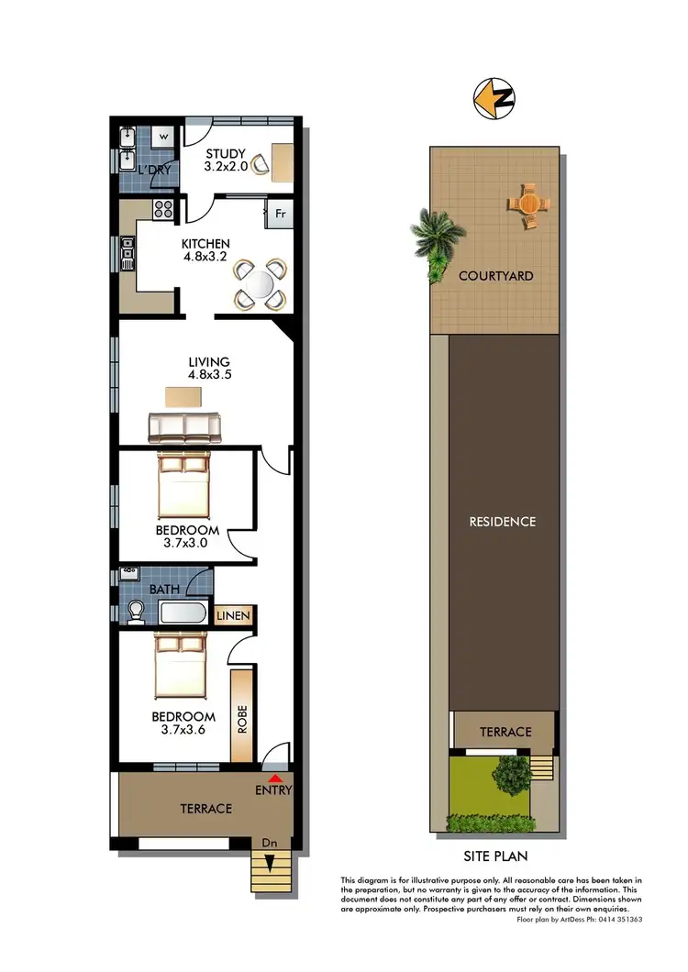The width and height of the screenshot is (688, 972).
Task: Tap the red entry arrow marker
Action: (274, 778)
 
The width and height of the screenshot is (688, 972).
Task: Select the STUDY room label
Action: (224, 153)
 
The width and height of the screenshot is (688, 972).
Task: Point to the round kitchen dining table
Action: (261, 283)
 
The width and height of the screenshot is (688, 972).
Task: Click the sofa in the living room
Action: (184, 426)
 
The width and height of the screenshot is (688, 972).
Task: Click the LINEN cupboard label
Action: (233, 615)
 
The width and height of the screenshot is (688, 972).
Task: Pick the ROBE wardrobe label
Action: (243, 716)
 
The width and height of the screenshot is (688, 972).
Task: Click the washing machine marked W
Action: (164, 137)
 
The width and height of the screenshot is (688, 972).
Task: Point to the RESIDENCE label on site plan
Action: (502, 522)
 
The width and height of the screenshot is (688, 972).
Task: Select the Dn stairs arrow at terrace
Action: (270, 861)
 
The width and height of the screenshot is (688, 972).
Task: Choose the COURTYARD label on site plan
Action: (495, 275)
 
